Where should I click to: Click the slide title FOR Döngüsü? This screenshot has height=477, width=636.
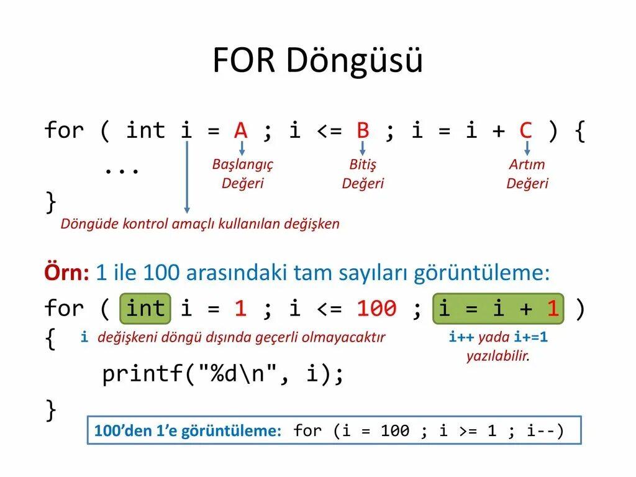(x=317, y=61)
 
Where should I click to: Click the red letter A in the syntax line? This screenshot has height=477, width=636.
(x=241, y=130)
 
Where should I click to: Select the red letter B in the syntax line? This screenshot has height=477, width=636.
(x=363, y=130)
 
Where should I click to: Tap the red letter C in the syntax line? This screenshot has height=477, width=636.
(x=526, y=130)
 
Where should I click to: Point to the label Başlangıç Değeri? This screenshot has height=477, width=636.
(x=242, y=174)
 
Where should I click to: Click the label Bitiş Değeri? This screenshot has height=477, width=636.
(x=363, y=174)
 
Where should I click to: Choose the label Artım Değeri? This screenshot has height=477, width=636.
(x=527, y=174)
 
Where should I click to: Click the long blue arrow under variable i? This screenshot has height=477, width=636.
(x=186, y=180)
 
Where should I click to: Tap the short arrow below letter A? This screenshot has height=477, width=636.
(x=242, y=148)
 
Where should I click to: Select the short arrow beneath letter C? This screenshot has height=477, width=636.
(x=527, y=148)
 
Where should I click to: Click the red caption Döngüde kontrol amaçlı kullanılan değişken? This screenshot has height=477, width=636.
(x=200, y=224)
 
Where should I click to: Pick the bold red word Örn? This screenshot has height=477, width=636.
(x=66, y=273)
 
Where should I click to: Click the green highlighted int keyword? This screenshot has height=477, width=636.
(x=146, y=309)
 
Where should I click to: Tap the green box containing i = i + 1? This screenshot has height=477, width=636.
(x=498, y=309)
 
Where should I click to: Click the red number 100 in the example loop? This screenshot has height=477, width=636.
(x=376, y=309)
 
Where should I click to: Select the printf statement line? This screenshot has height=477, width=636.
(x=222, y=374)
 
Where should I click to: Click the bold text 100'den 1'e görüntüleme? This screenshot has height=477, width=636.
(x=188, y=431)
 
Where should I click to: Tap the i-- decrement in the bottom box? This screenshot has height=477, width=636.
(x=544, y=431)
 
